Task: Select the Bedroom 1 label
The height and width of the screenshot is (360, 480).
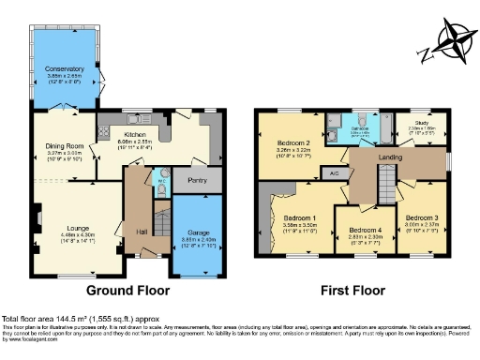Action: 299,218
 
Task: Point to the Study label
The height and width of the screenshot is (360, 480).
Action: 424,122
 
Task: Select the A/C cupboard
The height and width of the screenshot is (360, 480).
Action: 331,172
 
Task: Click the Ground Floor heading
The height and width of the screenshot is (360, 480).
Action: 124,291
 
